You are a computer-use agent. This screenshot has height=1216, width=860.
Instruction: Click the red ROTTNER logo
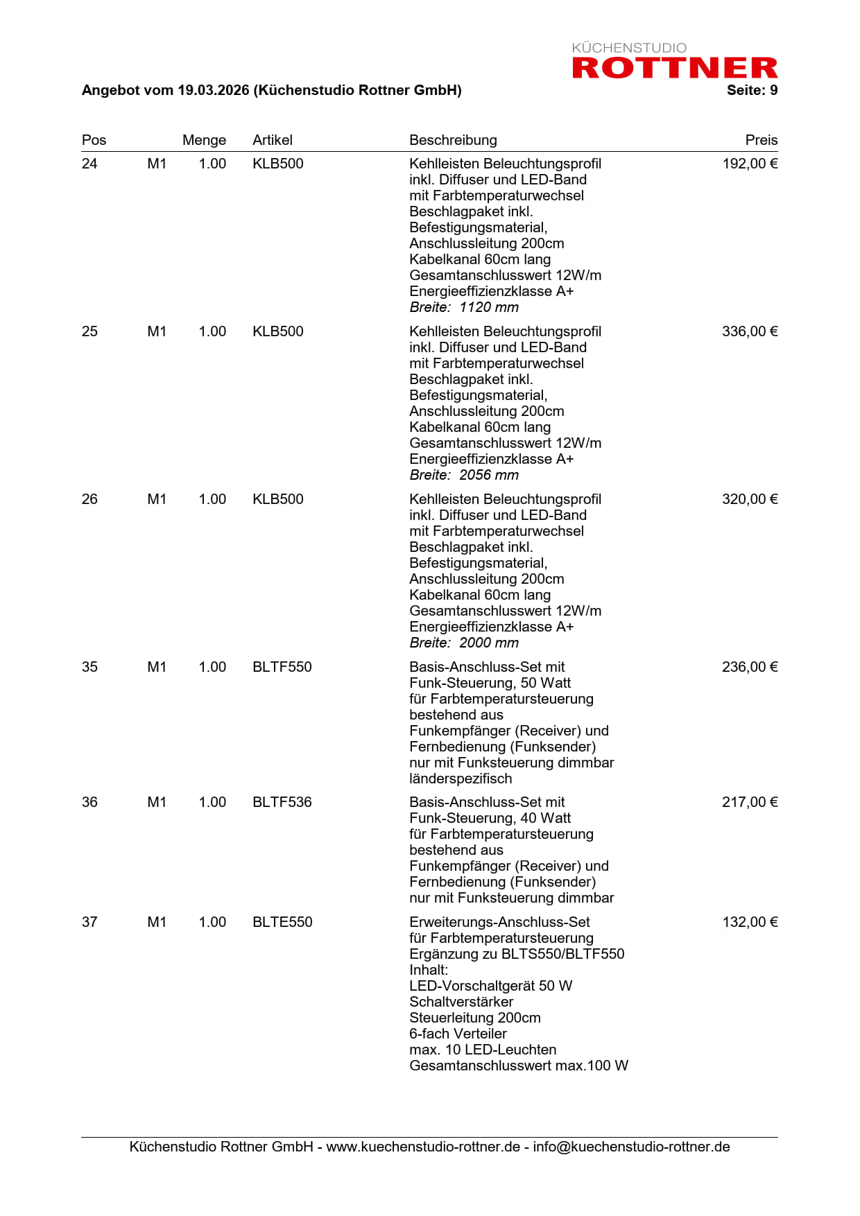pyautogui.click(x=674, y=67)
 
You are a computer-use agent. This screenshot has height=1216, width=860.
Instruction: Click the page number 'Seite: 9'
pyautogui.click(x=752, y=90)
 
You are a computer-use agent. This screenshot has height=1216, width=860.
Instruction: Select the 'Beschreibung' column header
pyautogui.click(x=453, y=140)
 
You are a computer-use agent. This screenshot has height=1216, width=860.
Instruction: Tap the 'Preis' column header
pyautogui.click(x=761, y=140)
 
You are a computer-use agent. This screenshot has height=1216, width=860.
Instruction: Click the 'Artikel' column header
pyautogui.click(x=272, y=140)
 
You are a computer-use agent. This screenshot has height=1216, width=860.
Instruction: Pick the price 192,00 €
pyautogui.click(x=750, y=164)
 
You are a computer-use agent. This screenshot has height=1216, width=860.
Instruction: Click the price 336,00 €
pyautogui.click(x=750, y=331)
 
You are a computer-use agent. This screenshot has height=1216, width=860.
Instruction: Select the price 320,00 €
pyautogui.click(x=750, y=499)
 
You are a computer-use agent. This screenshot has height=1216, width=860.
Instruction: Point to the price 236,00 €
pyautogui.click(x=750, y=667)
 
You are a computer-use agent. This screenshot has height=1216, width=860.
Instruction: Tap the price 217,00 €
pyautogui.click(x=750, y=802)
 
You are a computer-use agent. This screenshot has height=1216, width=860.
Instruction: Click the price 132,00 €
pyautogui.click(x=750, y=922)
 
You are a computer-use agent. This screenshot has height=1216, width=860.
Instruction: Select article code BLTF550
pyautogui.click(x=282, y=667)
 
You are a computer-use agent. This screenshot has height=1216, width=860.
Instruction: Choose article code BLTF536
pyautogui.click(x=282, y=802)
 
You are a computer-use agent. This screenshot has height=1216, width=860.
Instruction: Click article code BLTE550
pyautogui.click(x=282, y=922)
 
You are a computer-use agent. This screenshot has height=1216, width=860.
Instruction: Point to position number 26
pyautogui.click(x=89, y=499)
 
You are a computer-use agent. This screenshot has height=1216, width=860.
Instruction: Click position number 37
pyautogui.click(x=89, y=922)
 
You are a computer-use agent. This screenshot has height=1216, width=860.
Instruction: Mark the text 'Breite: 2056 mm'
pyautogui.click(x=463, y=475)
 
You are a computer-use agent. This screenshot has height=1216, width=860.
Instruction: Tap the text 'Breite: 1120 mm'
pyautogui.click(x=463, y=307)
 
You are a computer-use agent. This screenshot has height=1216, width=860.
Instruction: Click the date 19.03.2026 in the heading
pyautogui.click(x=213, y=90)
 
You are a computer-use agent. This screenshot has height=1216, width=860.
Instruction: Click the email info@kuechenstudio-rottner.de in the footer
pyautogui.click(x=631, y=1147)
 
